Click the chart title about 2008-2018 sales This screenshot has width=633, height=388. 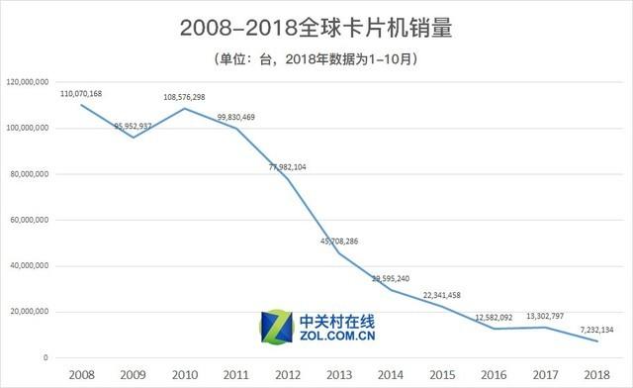click(x=316, y=28)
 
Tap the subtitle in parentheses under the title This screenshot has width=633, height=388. click(x=316, y=59)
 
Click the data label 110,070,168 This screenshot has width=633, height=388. click(x=81, y=94)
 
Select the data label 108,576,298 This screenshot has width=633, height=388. click(x=185, y=97)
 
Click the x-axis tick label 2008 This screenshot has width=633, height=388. click(x=81, y=372)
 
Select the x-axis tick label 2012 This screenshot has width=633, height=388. click(x=287, y=372)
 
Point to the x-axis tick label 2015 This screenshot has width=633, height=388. click(x=441, y=372)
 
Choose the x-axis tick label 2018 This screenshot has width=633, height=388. click(x=595, y=372)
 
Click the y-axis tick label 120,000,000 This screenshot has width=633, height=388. click(x=28, y=82)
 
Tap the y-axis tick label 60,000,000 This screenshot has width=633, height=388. click(x=30, y=220)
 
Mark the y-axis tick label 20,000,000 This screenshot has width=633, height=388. click(x=30, y=312)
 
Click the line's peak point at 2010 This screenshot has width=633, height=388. click(x=184, y=108)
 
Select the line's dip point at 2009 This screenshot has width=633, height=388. click(x=133, y=137)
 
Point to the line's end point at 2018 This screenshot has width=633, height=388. click(x=595, y=341)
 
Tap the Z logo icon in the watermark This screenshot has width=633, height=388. click(x=274, y=326)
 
